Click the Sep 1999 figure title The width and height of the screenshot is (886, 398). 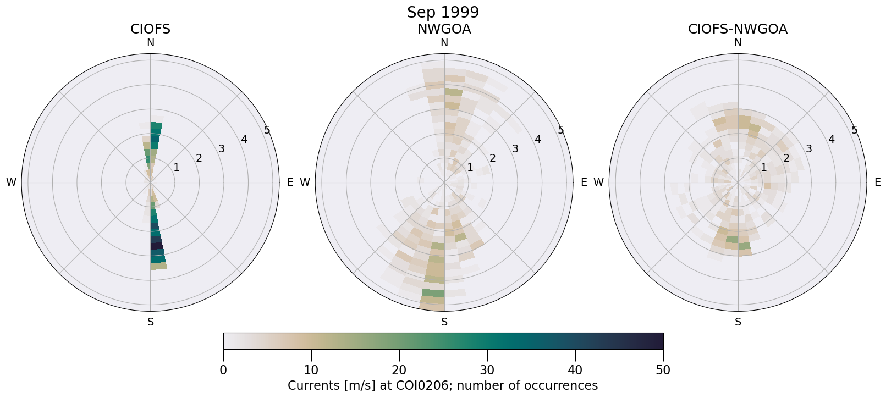(x=443, y=12)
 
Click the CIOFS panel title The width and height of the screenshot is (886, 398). (x=150, y=29)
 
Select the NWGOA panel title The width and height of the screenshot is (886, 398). (x=444, y=29)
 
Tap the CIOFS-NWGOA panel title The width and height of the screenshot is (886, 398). (x=738, y=29)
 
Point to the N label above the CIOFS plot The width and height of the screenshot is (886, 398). (x=150, y=43)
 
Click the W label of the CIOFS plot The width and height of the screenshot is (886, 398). (x=11, y=183)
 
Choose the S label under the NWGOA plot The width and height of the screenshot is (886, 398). (x=444, y=322)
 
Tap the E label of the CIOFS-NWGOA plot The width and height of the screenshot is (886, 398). (x=877, y=183)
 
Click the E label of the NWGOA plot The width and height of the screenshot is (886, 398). (x=584, y=183)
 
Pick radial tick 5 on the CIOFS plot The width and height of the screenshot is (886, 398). (x=267, y=130)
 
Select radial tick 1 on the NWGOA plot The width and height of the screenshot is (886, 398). (x=470, y=167)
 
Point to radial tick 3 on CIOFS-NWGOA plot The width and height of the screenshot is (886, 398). (x=808, y=148)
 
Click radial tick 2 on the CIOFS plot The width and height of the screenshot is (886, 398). (x=199, y=158)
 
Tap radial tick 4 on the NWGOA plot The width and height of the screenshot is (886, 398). (x=537, y=140)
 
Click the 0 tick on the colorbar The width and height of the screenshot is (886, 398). (x=223, y=370)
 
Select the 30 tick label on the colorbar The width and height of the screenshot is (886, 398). (x=487, y=370)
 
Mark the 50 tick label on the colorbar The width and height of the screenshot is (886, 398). (x=663, y=370)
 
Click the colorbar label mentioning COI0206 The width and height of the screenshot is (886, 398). (x=443, y=385)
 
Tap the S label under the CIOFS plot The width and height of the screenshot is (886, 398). (x=150, y=322)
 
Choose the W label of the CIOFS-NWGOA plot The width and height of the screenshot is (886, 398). (x=599, y=183)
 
